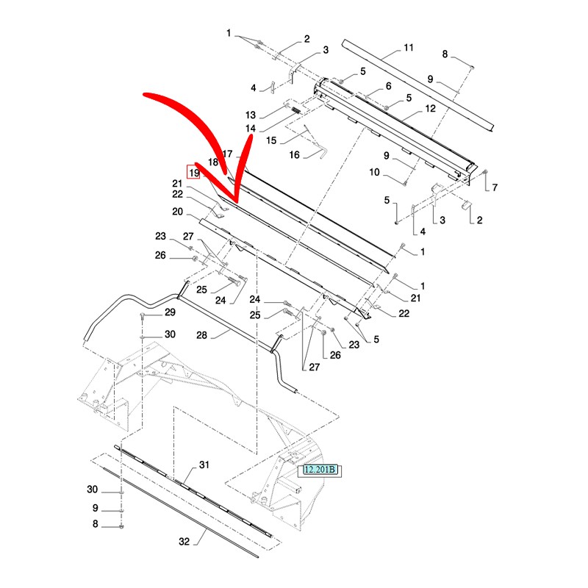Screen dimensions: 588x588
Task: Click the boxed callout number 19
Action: tap(194, 173)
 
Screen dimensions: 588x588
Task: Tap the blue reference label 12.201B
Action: tap(320, 470)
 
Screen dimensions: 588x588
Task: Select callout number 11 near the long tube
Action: tap(408, 49)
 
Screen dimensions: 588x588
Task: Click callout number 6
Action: tap(388, 87)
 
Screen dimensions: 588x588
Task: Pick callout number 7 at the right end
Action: tap(495, 187)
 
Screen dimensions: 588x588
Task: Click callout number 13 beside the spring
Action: tap(250, 115)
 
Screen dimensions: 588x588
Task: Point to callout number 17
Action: tap(227, 154)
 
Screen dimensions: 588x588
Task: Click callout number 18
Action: tap(213, 161)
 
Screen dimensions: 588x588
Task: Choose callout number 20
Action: tap(177, 212)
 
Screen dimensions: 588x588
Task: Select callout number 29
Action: tap(170, 313)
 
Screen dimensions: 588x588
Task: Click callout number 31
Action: tap(204, 465)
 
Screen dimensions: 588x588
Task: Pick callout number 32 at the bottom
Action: tap(184, 542)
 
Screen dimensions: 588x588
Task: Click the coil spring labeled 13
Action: tap(293, 110)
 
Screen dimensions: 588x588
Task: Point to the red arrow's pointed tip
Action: tap(236, 201)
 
